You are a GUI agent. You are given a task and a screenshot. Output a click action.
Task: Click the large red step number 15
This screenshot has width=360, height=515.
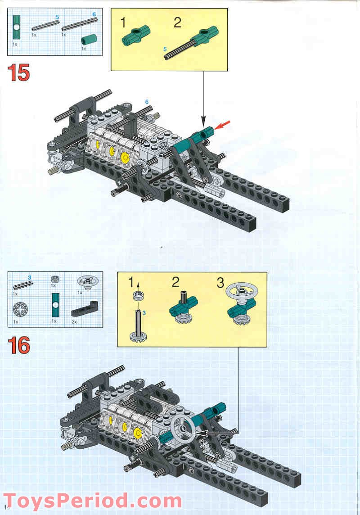18,73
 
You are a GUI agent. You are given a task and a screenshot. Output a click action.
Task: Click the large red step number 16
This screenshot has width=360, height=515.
18,345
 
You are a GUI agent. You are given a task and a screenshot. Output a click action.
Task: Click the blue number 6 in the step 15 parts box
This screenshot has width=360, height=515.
94,14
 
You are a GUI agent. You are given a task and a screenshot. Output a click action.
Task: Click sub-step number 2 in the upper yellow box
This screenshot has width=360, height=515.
177,23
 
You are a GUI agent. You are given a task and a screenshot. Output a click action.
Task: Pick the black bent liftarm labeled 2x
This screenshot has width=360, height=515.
84,310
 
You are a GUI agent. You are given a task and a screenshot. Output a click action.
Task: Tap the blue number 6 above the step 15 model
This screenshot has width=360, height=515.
147,103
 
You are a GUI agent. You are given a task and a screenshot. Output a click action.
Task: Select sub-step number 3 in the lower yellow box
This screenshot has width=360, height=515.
220,283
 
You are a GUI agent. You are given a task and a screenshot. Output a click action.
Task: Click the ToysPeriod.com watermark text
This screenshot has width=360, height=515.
92,500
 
